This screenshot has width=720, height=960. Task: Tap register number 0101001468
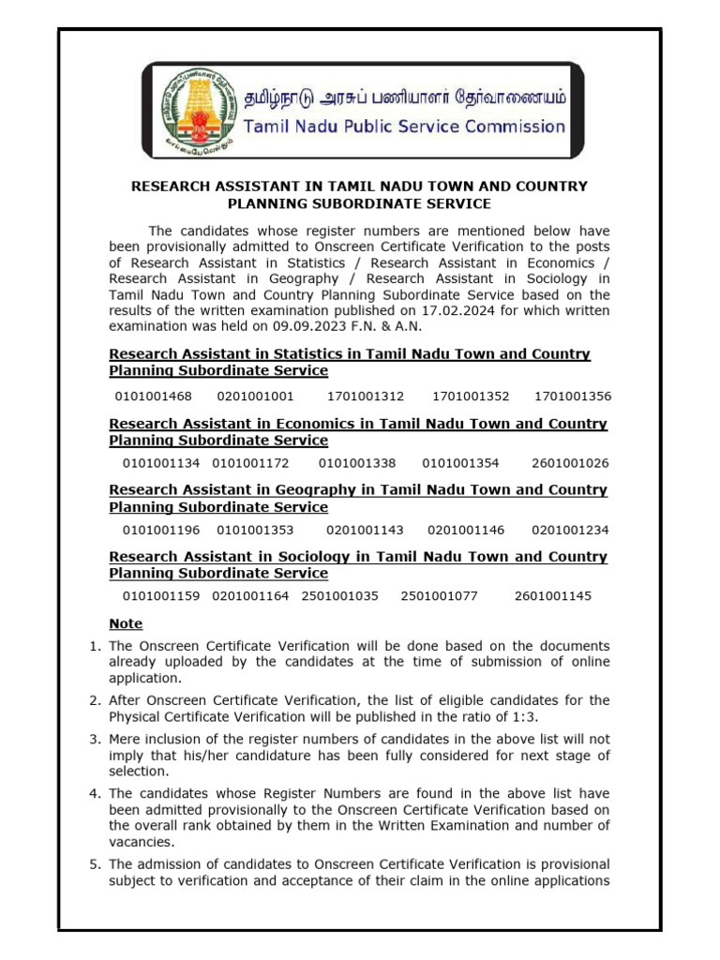153,396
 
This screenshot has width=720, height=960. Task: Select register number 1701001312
366,396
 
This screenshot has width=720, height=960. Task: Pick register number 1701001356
572,396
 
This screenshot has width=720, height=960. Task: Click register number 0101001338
357,463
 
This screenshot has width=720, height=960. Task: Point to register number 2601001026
570,463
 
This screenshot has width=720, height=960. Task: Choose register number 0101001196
161,530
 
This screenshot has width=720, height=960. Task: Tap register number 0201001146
466,530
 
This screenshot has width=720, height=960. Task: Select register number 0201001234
570,530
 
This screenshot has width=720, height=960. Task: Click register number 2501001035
340,595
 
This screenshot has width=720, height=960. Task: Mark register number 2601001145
553,595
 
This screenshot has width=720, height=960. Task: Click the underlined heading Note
127,623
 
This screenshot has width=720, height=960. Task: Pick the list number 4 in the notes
94,793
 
